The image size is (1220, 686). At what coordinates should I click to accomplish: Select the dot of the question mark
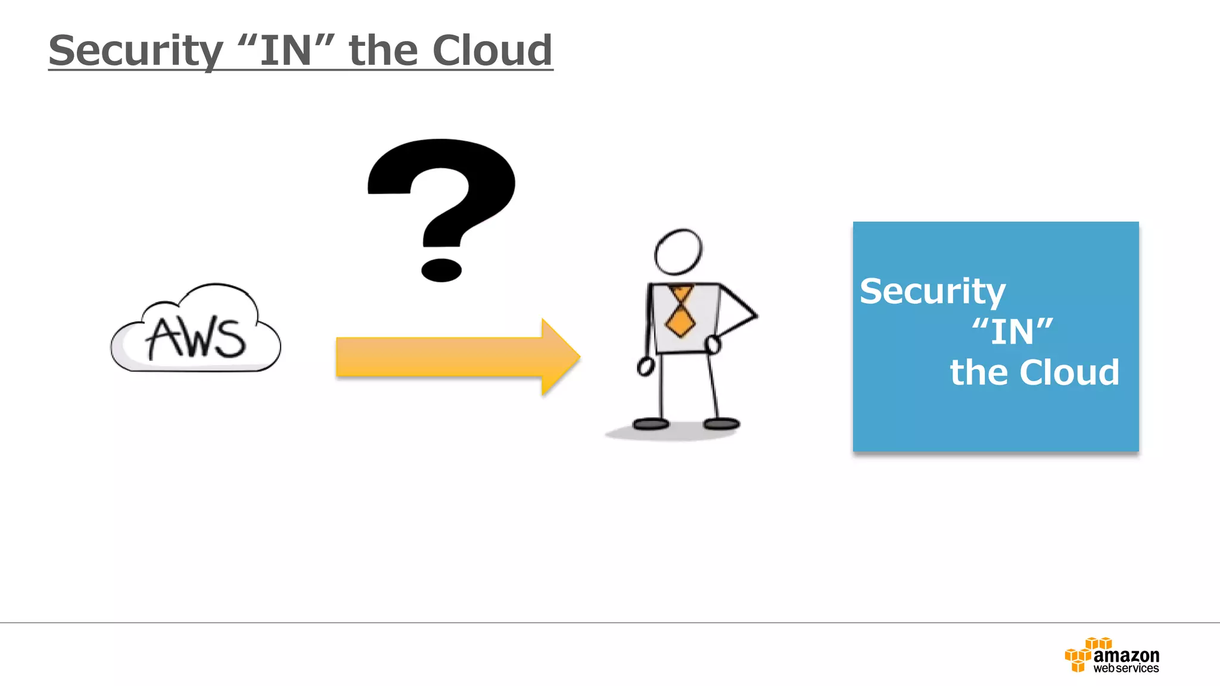pyautogui.click(x=441, y=270)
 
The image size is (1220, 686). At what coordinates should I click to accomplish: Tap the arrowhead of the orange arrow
pyautogui.click(x=559, y=357)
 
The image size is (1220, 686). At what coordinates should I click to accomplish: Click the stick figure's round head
pyautogui.click(x=678, y=251)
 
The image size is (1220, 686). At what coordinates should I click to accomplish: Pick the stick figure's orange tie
pyautogui.click(x=680, y=312)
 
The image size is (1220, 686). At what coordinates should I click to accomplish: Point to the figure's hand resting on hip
pyautogui.click(x=712, y=344)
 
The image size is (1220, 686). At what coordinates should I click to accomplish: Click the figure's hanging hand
pyautogui.click(x=646, y=366)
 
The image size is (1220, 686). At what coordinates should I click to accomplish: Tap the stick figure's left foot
pyautogui.click(x=651, y=424)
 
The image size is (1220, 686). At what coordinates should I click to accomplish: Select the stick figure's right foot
pyautogui.click(x=721, y=424)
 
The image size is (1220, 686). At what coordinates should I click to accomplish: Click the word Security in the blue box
pyautogui.click(x=932, y=292)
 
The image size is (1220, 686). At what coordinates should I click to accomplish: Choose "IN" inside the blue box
pyautogui.click(x=1012, y=332)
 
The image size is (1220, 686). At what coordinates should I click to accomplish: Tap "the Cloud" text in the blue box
pyautogui.click(x=1034, y=373)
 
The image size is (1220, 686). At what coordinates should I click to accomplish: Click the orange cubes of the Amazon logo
pyautogui.click(x=1079, y=656)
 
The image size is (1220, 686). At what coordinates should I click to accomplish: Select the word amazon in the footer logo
pyautogui.click(x=1126, y=656)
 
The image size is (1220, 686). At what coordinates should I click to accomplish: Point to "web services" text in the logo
pyautogui.click(x=1126, y=669)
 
